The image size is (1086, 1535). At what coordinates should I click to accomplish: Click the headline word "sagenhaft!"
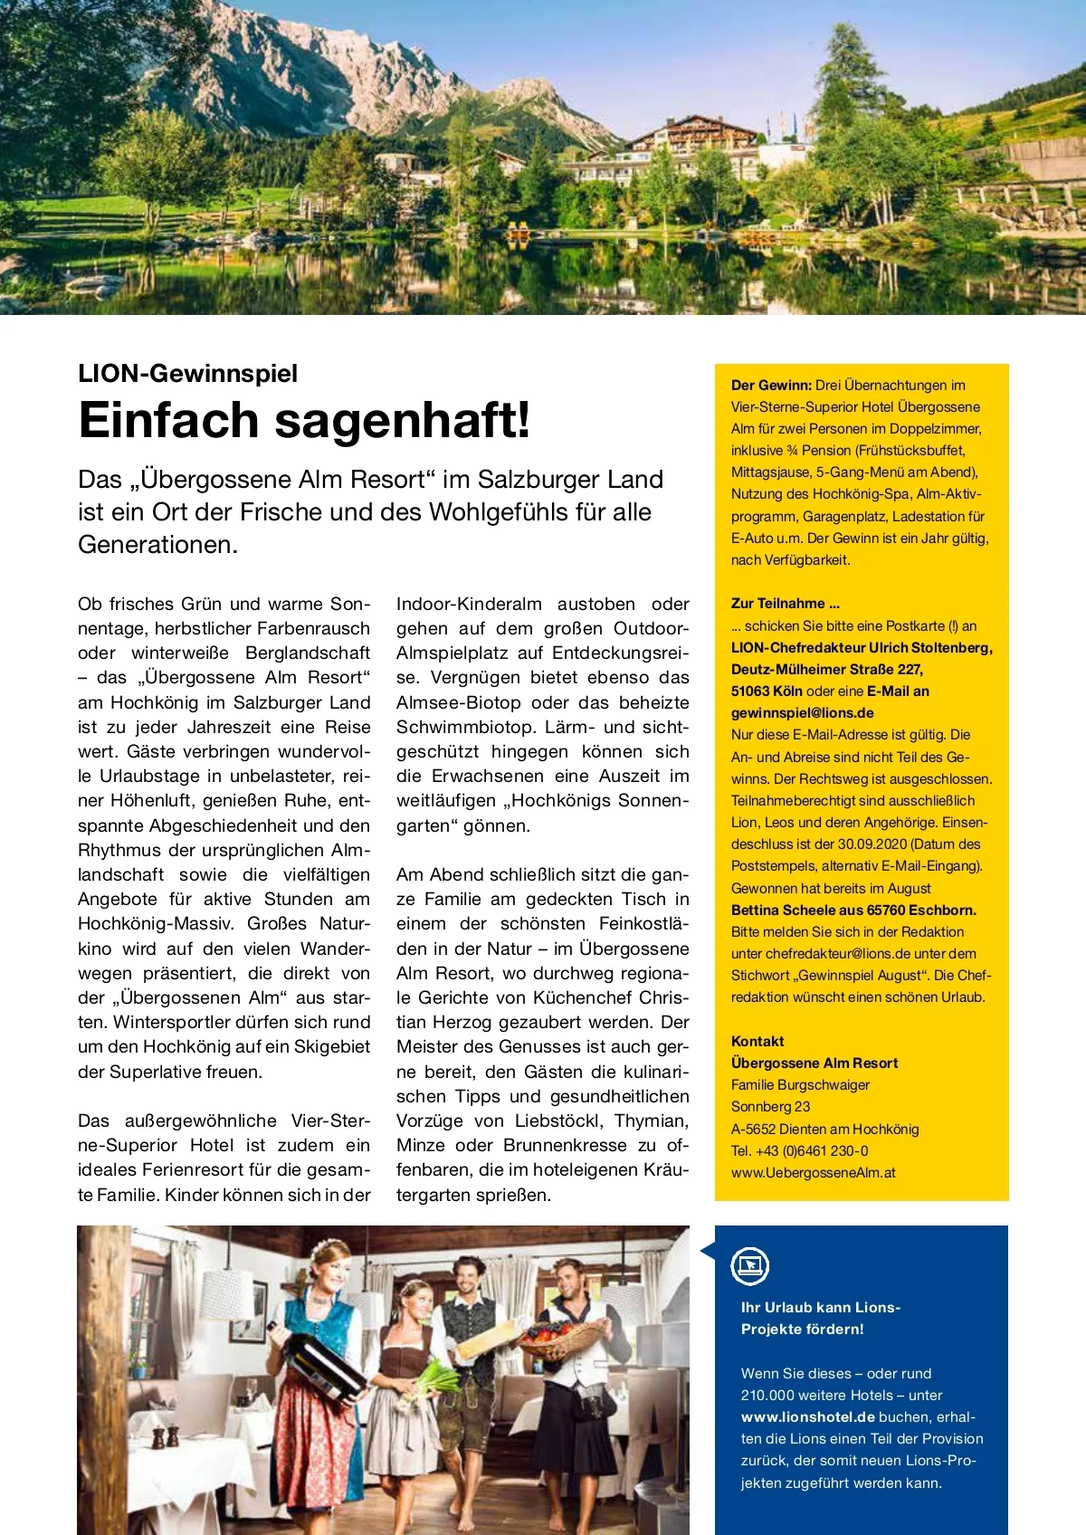403,421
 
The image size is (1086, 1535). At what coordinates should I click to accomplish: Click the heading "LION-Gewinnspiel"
187,374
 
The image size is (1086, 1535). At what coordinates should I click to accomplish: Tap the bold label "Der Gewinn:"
771,386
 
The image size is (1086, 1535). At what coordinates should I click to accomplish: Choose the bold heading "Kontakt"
757,1042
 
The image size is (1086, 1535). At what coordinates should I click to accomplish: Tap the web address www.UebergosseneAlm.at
813,1173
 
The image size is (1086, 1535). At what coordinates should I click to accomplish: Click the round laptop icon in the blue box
749,1266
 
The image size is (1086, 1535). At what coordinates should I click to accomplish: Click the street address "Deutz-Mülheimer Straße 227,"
826,670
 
